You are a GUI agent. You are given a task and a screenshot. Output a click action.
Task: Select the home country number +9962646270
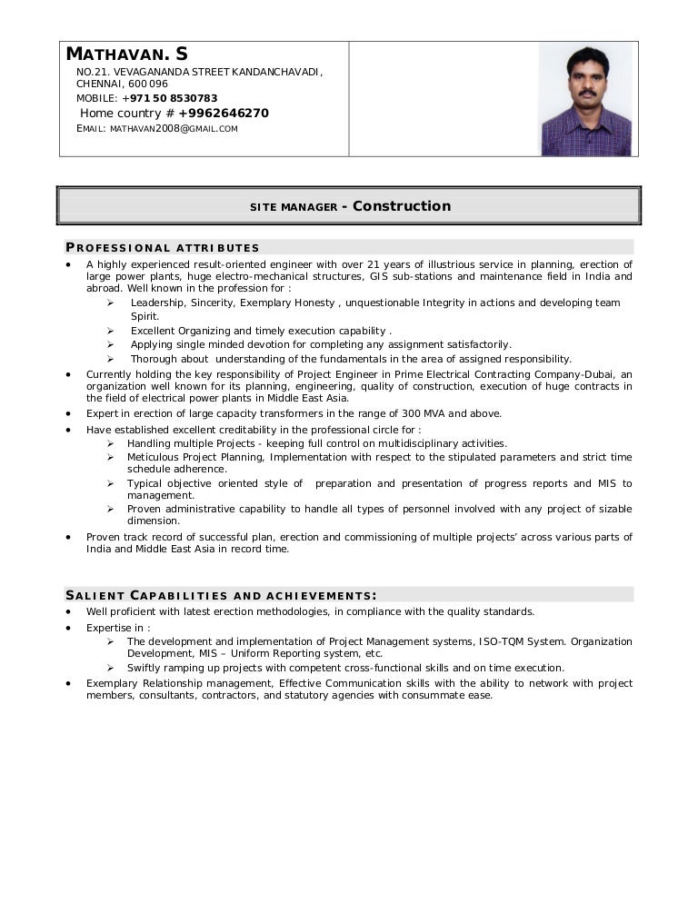click(x=224, y=114)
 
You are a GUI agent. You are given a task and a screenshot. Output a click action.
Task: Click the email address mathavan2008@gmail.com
click(x=174, y=129)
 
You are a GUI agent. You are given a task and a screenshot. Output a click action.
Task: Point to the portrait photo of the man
click(x=585, y=99)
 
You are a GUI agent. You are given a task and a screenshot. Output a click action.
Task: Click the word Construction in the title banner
click(x=402, y=206)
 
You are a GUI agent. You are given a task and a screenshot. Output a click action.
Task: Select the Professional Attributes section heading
click(x=163, y=248)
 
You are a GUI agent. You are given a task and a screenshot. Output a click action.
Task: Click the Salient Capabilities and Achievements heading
click(x=221, y=596)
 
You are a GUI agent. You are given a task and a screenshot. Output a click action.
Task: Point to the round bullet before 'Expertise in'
click(x=69, y=628)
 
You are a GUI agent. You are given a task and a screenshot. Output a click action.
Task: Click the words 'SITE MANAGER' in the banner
click(x=294, y=208)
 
